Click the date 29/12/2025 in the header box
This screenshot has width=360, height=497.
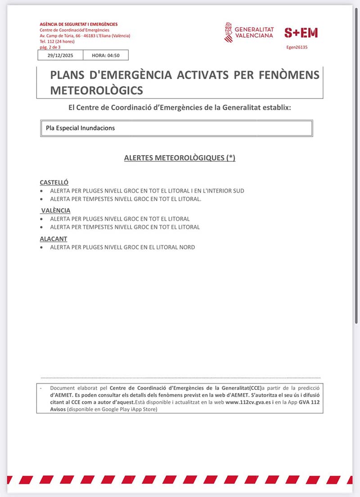[60, 55]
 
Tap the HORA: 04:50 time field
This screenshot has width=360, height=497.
[107, 55]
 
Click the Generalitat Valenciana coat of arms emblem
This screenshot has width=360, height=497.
[229, 32]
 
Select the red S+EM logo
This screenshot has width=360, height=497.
[301, 32]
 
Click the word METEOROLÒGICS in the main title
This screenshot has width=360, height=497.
[97, 90]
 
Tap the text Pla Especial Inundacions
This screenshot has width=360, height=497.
[81, 128]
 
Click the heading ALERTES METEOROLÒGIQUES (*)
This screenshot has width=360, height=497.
[180, 158]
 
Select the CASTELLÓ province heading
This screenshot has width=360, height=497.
[54, 183]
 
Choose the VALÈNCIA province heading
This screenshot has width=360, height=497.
[56, 210]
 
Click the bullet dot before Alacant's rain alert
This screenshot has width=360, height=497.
[42, 247]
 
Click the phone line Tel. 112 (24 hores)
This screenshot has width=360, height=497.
[57, 41]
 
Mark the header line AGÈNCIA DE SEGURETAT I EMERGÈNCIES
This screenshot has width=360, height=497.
[78, 24]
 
